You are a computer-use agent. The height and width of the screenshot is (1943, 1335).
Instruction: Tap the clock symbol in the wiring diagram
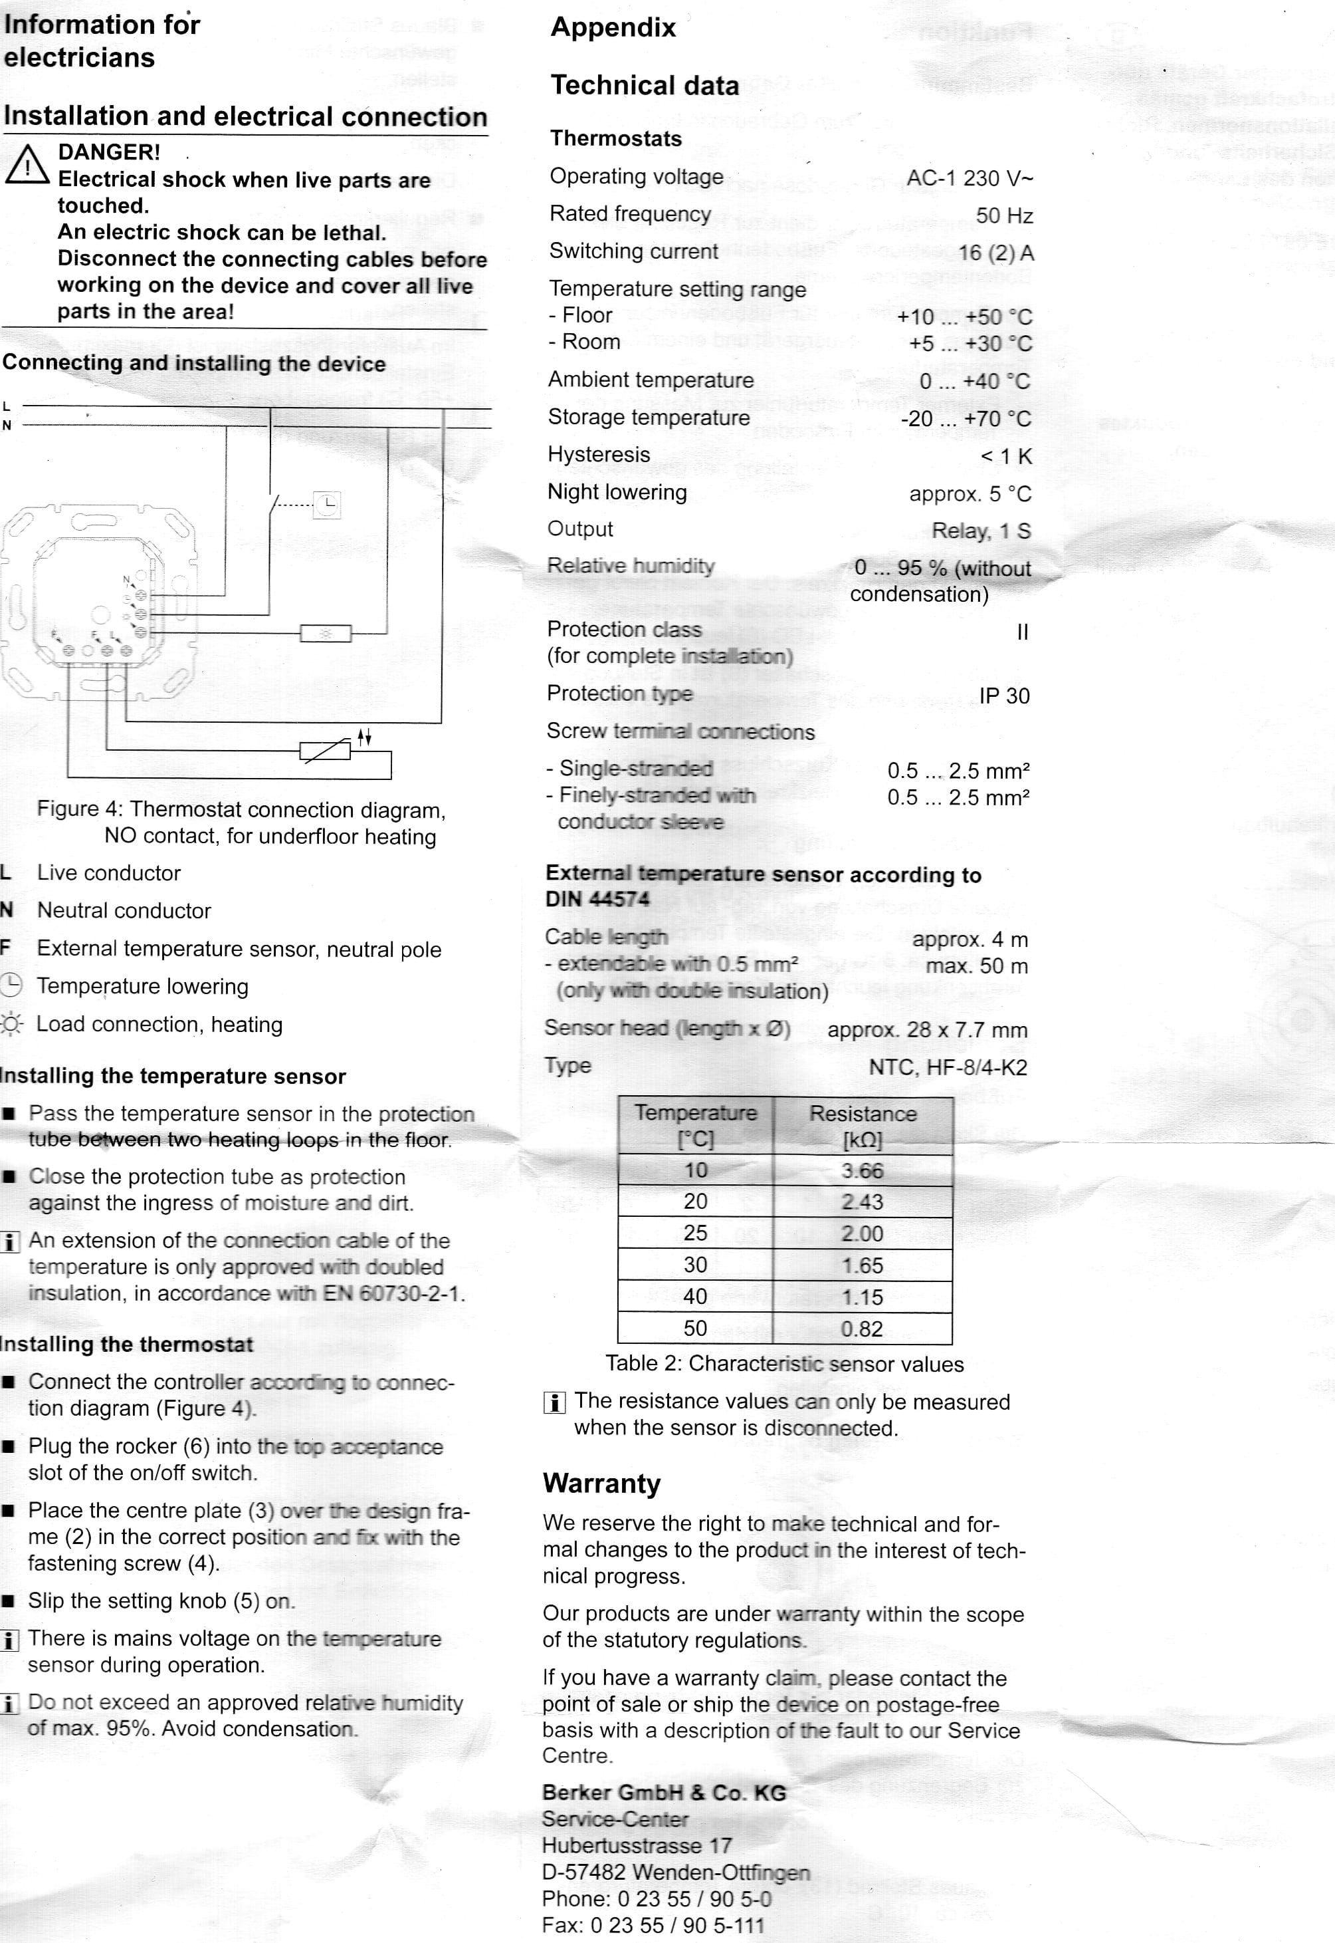[327, 504]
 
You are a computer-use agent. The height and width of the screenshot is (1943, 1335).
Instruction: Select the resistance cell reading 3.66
[862, 1170]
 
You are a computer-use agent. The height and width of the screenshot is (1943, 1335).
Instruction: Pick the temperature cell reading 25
[695, 1233]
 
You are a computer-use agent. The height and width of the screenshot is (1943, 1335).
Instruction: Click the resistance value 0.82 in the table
[862, 1329]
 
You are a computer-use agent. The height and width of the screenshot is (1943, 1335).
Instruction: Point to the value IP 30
[1004, 696]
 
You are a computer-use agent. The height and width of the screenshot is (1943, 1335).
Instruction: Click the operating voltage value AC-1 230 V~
[970, 178]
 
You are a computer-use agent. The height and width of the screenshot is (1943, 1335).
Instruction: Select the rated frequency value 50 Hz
[1004, 216]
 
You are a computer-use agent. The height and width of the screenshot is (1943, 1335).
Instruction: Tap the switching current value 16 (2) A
[995, 253]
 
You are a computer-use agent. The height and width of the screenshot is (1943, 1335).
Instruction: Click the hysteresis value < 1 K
[1006, 456]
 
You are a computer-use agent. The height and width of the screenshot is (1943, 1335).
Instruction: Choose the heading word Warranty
[601, 1483]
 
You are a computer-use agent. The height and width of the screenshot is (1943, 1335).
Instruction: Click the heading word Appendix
[613, 28]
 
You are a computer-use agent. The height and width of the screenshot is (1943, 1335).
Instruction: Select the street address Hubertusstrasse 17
[637, 1845]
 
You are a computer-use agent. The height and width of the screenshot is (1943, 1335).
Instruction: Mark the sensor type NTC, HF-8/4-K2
[948, 1068]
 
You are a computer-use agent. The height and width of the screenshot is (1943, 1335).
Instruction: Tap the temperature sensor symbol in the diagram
[326, 751]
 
